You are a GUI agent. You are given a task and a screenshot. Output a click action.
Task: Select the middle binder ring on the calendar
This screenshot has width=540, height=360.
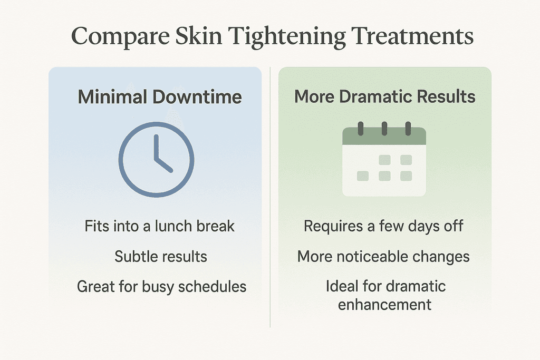point(384,129)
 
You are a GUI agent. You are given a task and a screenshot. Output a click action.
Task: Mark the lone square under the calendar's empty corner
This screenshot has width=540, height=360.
point(363,176)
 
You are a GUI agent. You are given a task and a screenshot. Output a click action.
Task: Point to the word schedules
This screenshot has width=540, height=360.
point(216,287)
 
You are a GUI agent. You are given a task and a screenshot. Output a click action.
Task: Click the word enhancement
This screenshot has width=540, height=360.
point(384,304)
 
